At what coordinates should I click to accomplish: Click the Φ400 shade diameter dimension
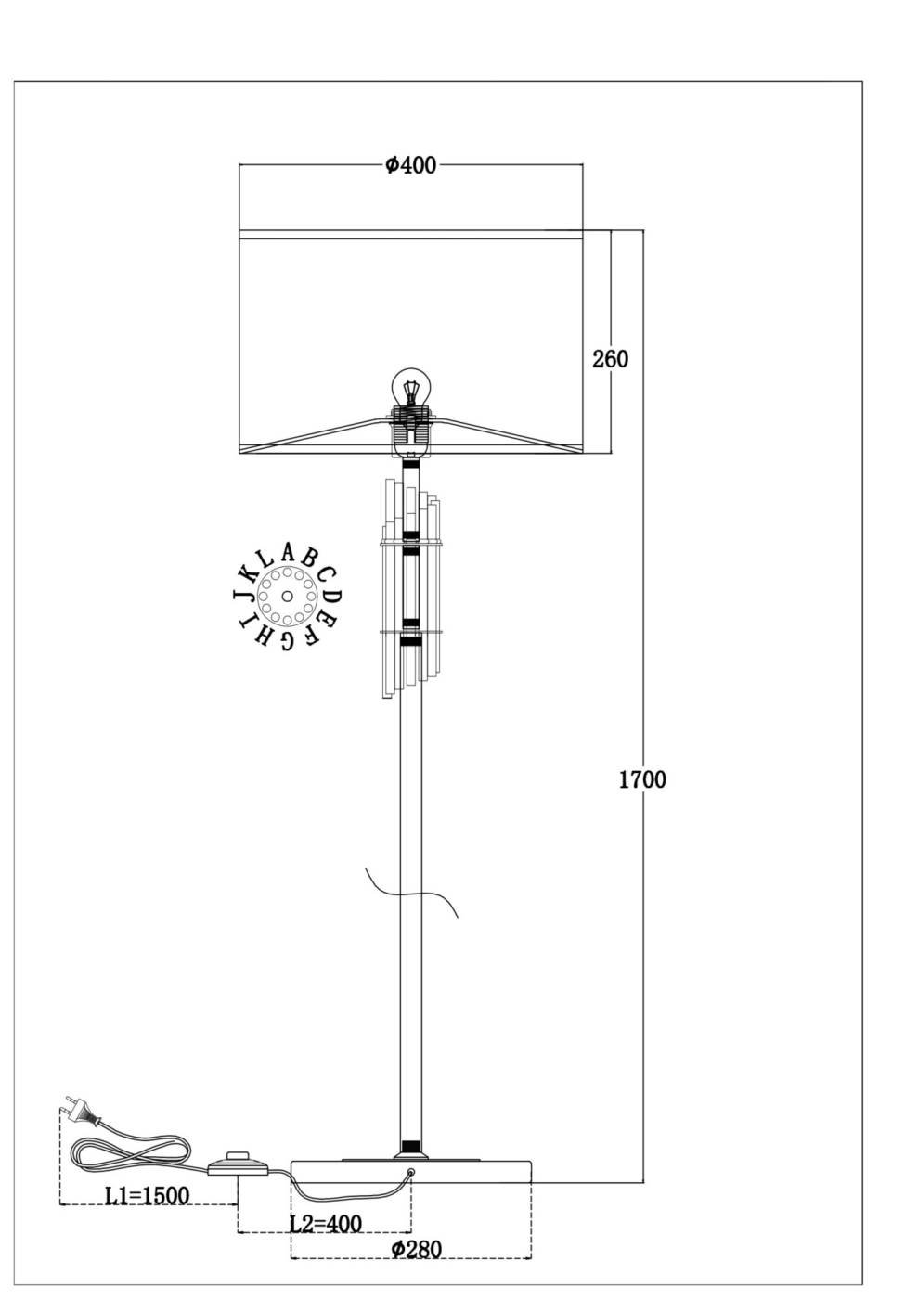410,165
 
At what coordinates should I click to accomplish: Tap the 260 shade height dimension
610,359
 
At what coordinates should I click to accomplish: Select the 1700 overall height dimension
643,779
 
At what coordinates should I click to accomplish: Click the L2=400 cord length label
325,1223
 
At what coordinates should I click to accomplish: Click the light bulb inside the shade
411,388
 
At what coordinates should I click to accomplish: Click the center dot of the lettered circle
287,596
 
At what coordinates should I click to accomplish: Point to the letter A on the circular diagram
287,554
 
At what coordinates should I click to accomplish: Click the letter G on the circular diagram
287,639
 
